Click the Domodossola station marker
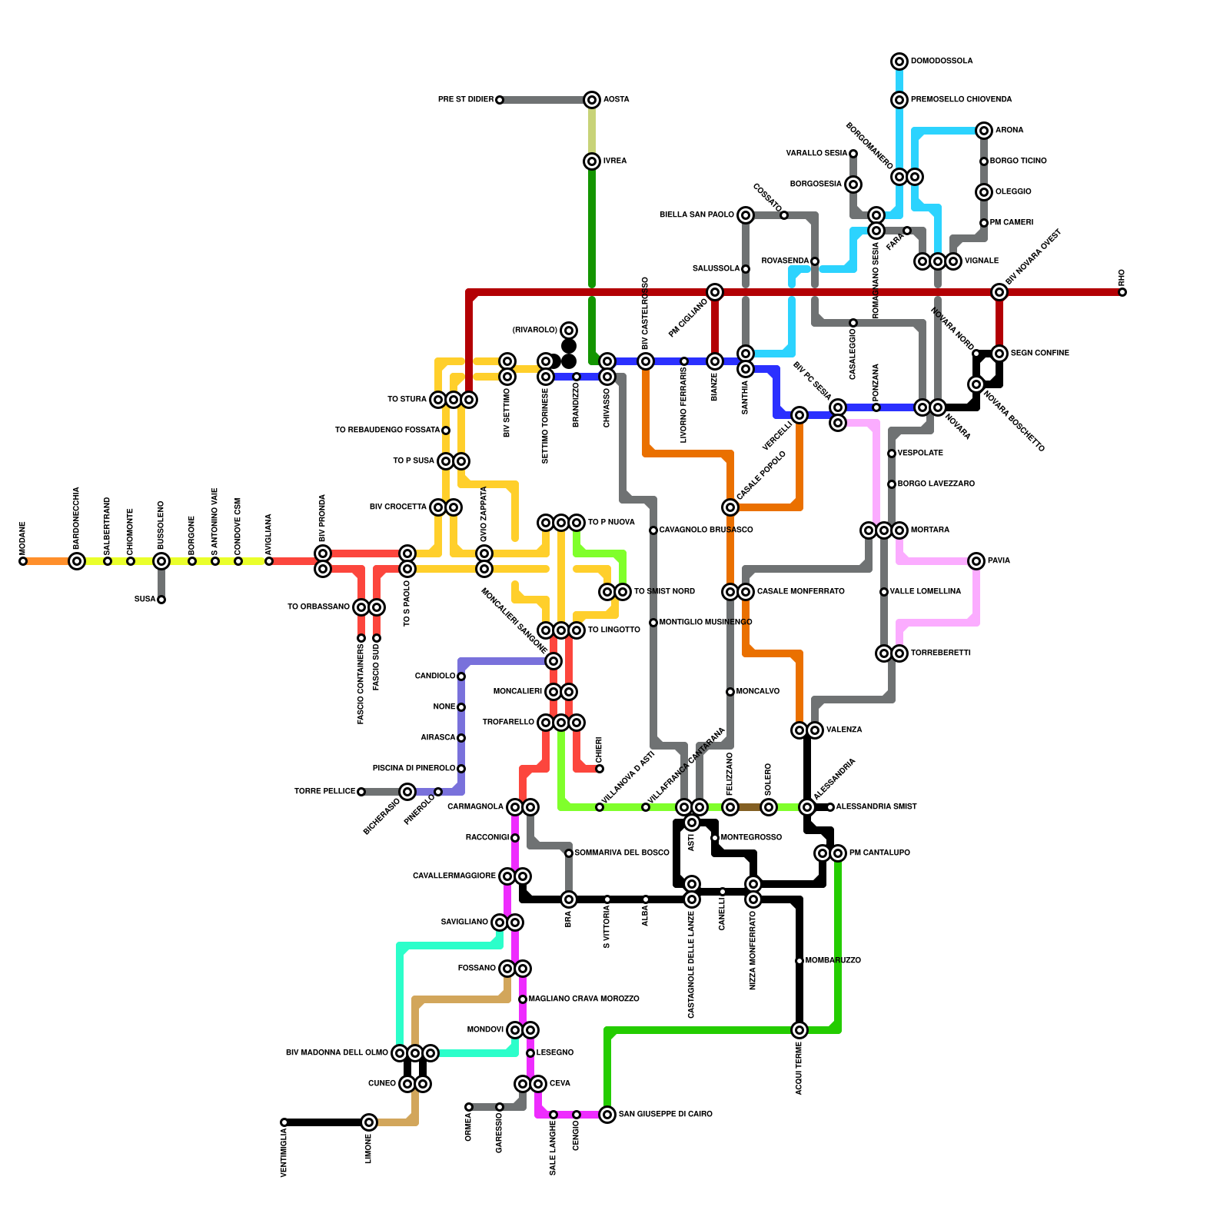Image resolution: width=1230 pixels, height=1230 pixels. [x=899, y=61]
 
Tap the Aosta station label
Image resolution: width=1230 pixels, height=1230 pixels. [x=616, y=100]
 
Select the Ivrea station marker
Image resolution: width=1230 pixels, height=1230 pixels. [x=592, y=161]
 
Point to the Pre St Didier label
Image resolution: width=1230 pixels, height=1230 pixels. [x=465, y=100]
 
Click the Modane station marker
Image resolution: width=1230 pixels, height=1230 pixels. [x=23, y=561]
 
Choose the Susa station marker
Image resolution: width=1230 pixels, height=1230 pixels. [x=161, y=600]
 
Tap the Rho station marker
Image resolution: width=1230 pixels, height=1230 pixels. [x=1122, y=292]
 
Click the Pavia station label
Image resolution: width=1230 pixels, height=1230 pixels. [x=999, y=561]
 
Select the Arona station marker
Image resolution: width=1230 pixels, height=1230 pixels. [x=984, y=131]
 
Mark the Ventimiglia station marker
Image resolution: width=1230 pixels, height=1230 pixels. [x=284, y=1122]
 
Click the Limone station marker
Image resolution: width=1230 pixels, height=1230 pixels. [x=369, y=1122]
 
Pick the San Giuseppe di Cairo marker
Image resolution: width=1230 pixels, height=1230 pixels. [x=607, y=1115]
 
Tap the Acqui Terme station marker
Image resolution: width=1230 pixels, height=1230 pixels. [x=799, y=1030]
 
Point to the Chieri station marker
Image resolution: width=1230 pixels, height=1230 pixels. [x=600, y=769]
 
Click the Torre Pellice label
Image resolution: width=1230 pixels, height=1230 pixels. [x=324, y=792]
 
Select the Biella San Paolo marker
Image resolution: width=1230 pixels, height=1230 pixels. [x=746, y=215]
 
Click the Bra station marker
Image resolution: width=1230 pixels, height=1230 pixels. [x=569, y=899]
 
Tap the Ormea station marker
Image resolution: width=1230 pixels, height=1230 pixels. [x=469, y=1107]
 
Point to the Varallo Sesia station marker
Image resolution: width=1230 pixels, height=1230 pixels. [x=853, y=154]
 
